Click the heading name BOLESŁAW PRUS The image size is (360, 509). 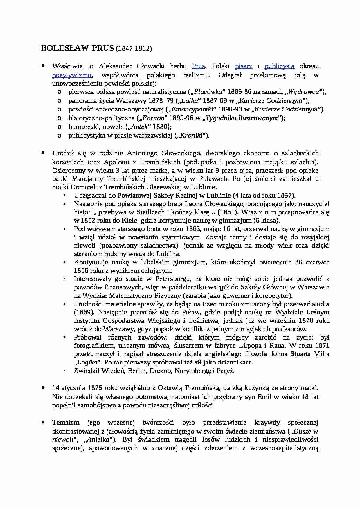click(x=78, y=48)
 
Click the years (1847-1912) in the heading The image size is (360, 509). click(x=134, y=49)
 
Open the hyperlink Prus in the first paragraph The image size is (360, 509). click(x=199, y=66)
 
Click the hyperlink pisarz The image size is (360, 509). click(x=243, y=66)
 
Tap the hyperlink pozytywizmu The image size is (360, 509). click(x=72, y=75)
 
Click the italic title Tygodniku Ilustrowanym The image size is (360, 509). click(x=243, y=118)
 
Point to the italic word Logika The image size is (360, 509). click(x=87, y=362)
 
